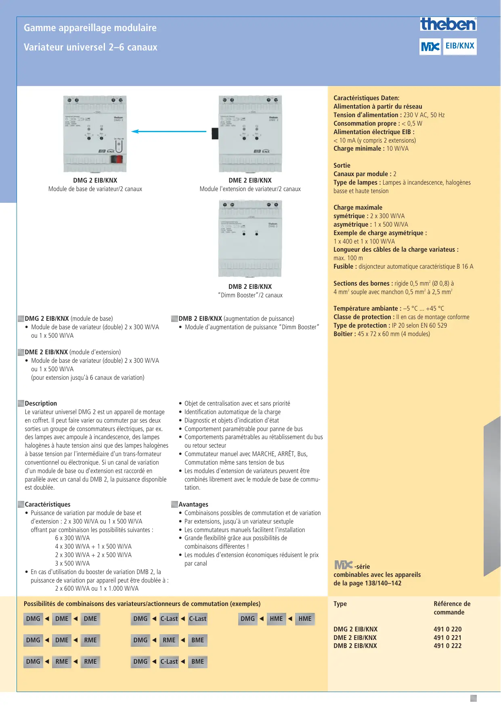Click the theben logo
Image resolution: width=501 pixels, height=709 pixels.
[x=448, y=24]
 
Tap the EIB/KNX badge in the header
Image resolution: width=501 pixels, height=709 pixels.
[x=460, y=46]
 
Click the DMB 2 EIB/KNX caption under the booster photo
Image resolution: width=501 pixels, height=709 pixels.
[x=250, y=287]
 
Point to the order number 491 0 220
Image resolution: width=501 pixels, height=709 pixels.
[x=447, y=629]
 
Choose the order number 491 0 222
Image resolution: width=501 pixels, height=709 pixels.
[x=447, y=646]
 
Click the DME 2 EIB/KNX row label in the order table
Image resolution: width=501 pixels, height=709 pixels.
[x=355, y=637]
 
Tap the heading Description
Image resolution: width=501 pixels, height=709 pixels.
[x=41, y=404]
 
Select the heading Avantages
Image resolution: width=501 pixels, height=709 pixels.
[x=193, y=505]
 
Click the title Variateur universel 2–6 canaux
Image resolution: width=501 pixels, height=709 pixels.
[x=90, y=47]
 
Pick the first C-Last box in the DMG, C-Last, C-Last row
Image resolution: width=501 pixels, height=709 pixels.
[x=169, y=619]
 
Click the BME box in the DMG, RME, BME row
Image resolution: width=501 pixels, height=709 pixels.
[x=198, y=640]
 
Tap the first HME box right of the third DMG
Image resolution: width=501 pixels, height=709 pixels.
[x=277, y=619]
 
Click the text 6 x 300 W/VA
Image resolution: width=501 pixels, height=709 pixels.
[x=72, y=538]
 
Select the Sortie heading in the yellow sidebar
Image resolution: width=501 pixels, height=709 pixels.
[x=342, y=166]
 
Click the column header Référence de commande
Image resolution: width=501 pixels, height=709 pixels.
[x=452, y=608]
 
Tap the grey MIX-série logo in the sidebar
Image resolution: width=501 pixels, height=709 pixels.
[x=343, y=565]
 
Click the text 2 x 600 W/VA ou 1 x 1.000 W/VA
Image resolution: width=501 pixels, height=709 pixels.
[x=97, y=589]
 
